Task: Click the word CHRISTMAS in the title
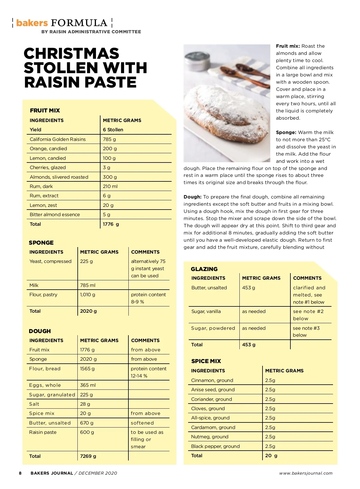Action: click(71, 54)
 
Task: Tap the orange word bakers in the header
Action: click(32, 23)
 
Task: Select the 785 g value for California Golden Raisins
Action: click(109, 139)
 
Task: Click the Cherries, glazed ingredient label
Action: click(48, 167)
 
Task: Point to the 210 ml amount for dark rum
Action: click(110, 186)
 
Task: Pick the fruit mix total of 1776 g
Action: click(111, 224)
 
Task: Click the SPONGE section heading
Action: click(41, 243)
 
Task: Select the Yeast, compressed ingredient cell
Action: click(50, 261)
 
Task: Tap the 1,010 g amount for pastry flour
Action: click(88, 294)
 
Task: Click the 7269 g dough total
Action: click(88, 456)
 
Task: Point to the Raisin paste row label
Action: click(43, 432)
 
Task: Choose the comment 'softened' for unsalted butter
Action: click(142, 423)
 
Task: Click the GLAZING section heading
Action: click(204, 269)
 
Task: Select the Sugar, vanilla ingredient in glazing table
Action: click(206, 311)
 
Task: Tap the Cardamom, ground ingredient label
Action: click(213, 427)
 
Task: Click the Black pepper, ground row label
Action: click(215, 446)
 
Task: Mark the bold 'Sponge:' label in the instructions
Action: click(286, 132)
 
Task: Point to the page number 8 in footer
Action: click(20, 473)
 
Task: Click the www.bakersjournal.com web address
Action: click(306, 473)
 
